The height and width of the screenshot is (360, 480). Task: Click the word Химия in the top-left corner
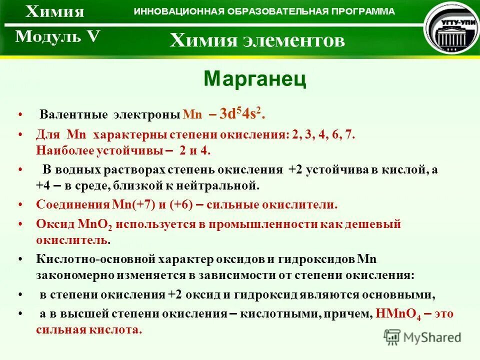tap(55, 11)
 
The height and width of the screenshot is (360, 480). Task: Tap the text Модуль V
tap(57, 37)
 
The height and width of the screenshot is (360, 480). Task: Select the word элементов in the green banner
tap(294, 40)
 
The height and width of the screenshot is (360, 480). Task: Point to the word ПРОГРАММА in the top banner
tap(368, 11)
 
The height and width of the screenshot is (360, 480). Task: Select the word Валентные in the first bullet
tap(73, 114)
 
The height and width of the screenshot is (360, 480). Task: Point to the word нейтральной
tap(228, 185)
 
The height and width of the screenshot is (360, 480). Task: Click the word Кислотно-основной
tap(95, 259)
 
